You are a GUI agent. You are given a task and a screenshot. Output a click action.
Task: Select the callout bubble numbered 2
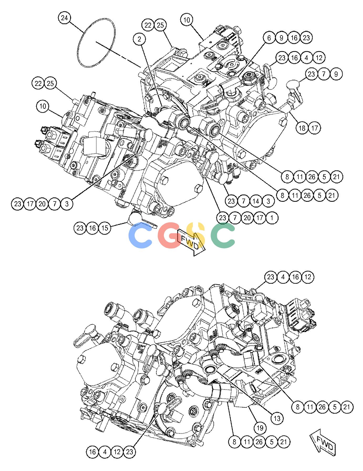click(x=139, y=39)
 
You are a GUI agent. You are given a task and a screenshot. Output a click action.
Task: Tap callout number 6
click(x=269, y=38)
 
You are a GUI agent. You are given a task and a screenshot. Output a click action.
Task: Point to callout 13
click(x=277, y=418)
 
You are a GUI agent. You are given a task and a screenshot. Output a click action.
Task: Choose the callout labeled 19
click(x=260, y=428)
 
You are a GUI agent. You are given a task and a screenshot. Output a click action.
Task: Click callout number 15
click(x=105, y=228)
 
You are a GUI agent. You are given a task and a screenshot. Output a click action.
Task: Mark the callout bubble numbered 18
click(x=302, y=128)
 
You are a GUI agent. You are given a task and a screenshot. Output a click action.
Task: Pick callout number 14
click(x=256, y=201)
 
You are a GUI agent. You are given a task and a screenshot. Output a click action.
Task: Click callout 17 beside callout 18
click(x=315, y=128)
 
